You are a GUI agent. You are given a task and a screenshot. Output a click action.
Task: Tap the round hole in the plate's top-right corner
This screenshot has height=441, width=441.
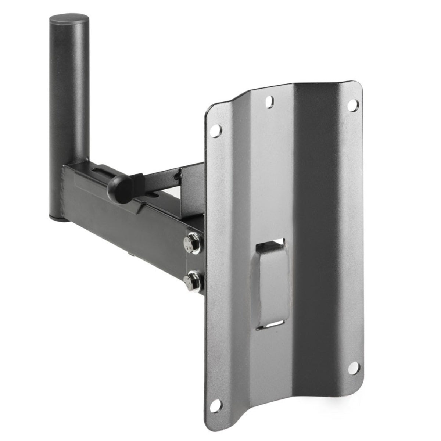354,104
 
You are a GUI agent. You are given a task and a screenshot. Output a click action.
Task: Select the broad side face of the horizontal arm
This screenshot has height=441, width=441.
121,220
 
